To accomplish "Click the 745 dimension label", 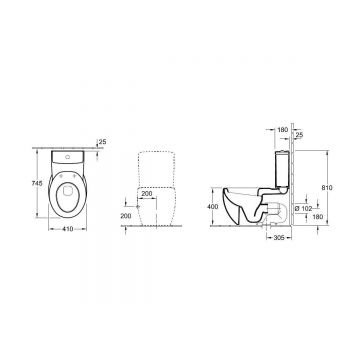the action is (x=38, y=183).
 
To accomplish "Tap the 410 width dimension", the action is (x=68, y=229).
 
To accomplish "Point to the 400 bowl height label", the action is (x=212, y=207).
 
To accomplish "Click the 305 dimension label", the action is (x=279, y=237).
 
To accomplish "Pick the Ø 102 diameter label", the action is (x=303, y=209).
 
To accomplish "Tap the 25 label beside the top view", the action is (x=102, y=142).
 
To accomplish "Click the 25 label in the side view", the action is (x=299, y=135).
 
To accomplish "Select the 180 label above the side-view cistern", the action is (x=282, y=130).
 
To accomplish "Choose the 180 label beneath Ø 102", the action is (x=319, y=217).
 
